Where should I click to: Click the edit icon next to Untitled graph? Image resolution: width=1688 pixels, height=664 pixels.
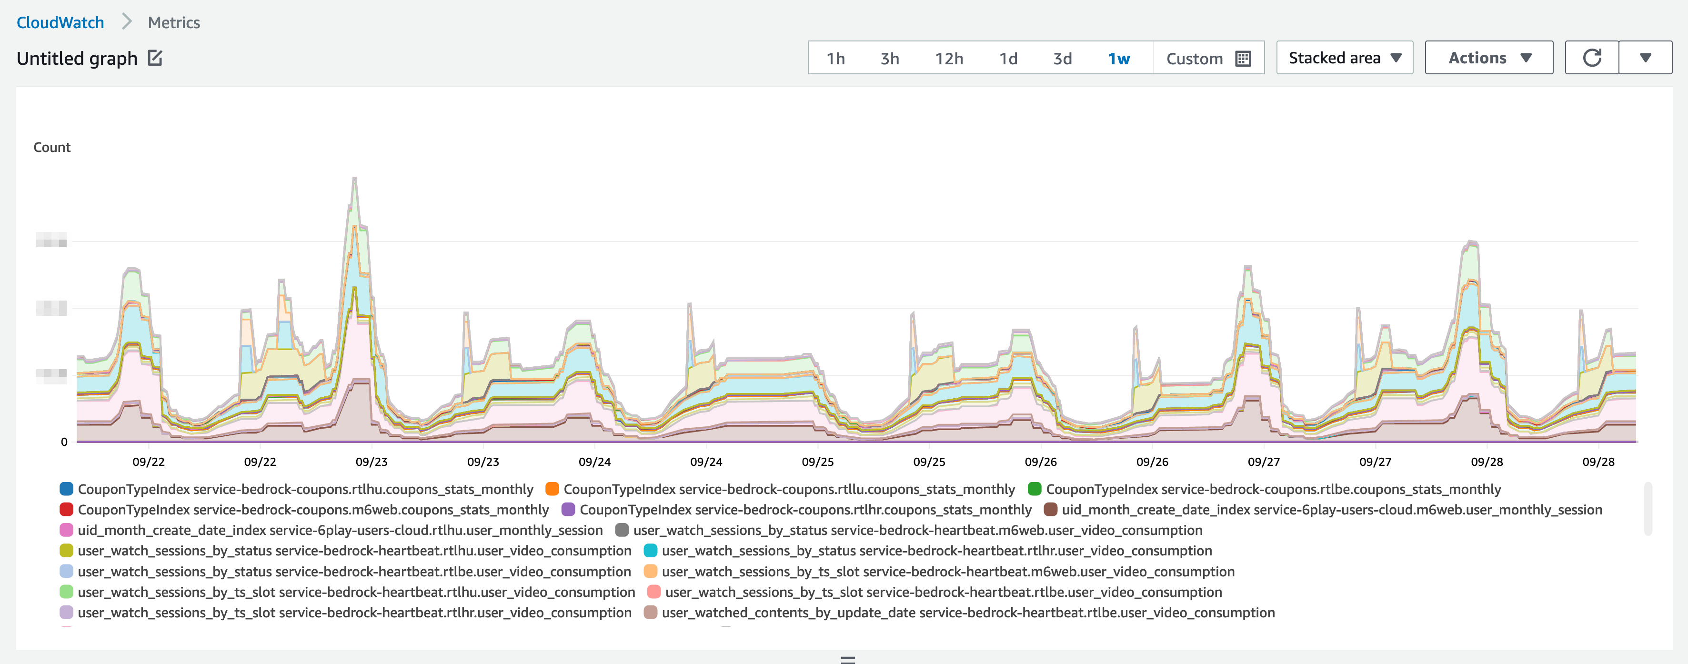click(x=155, y=58)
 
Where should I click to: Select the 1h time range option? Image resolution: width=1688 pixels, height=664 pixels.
click(x=835, y=58)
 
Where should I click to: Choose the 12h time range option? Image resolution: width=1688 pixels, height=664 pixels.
click(x=948, y=58)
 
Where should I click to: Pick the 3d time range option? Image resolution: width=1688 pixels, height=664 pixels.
click(x=1062, y=58)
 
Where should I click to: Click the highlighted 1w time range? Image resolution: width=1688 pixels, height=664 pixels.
click(x=1118, y=58)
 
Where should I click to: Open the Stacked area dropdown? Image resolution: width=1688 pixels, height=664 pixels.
click(x=1344, y=58)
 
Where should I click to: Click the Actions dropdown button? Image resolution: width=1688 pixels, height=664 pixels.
click(x=1488, y=58)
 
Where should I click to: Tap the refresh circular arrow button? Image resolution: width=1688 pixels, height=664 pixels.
click(x=1592, y=58)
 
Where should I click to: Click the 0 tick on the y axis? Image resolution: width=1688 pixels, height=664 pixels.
click(x=64, y=442)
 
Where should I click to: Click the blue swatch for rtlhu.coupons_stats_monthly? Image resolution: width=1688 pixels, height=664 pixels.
click(x=66, y=489)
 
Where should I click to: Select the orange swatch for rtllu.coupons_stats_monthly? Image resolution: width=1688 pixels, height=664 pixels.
click(x=552, y=489)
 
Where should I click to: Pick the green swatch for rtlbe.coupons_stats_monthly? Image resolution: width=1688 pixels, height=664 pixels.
click(x=1035, y=489)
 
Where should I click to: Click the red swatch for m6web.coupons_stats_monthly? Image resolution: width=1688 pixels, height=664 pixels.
click(x=66, y=509)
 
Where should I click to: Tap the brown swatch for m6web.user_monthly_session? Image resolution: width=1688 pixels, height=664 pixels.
click(x=1050, y=509)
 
